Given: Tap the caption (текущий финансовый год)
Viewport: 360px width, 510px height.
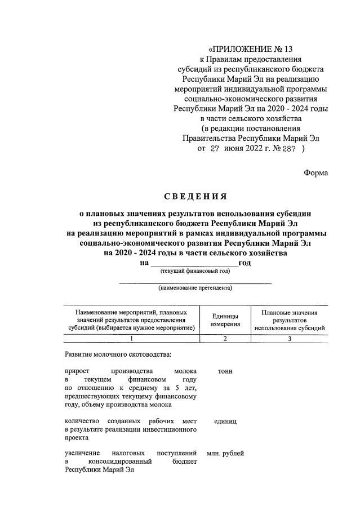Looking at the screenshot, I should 195,271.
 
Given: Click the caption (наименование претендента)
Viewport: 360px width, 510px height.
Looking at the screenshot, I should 195,288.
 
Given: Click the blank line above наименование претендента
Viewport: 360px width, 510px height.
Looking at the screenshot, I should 195,281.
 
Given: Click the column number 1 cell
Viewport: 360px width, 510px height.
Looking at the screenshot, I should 131,339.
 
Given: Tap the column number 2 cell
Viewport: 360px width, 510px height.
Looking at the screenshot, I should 225,339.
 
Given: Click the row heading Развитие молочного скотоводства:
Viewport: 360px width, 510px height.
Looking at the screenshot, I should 117,355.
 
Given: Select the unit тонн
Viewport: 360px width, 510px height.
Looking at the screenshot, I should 225,372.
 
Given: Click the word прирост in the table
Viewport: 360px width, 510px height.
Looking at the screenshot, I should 77,372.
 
